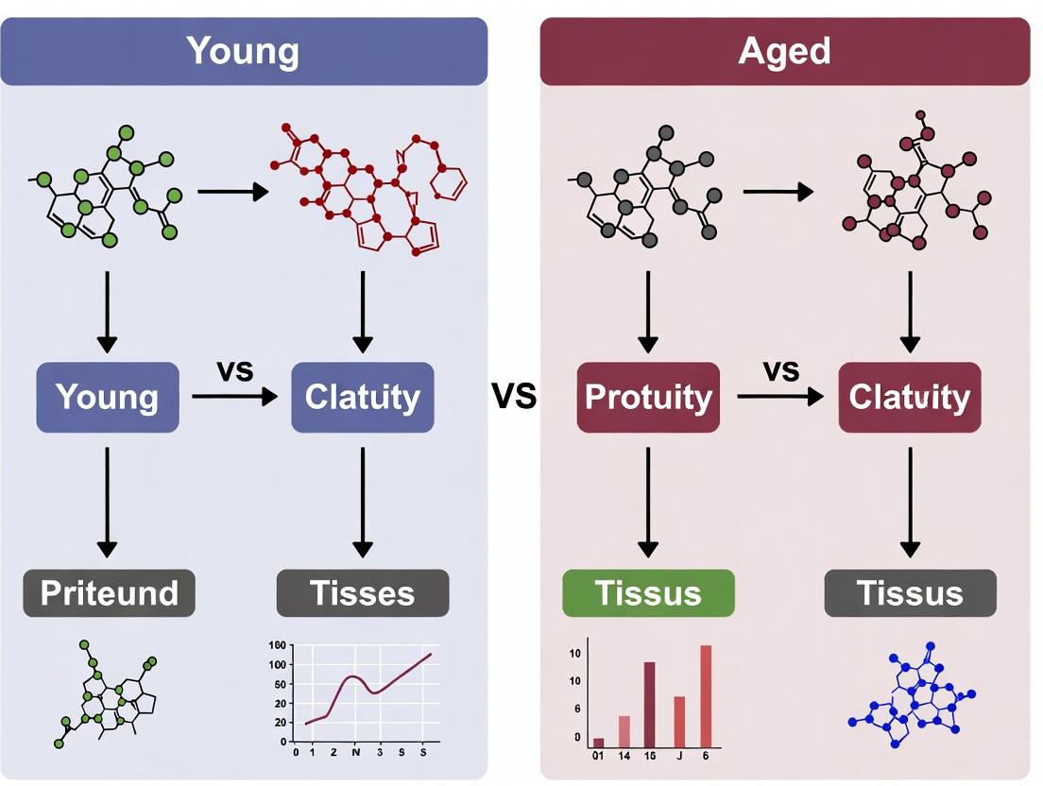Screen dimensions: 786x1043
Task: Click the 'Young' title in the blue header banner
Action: tap(243, 51)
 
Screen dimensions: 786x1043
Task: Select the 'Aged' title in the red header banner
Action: tap(784, 51)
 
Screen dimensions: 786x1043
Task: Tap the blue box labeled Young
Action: tap(107, 397)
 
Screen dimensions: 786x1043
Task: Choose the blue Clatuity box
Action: tap(363, 397)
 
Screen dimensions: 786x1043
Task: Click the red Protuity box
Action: tap(648, 397)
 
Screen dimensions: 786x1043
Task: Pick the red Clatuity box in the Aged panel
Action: tap(909, 397)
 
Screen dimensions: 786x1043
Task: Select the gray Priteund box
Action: tap(109, 593)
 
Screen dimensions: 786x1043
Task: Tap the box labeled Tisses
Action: tap(363, 593)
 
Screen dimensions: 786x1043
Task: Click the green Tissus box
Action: tap(648, 593)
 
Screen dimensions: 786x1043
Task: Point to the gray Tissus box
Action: tap(910, 593)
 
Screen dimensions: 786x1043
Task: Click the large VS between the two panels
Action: tap(514, 397)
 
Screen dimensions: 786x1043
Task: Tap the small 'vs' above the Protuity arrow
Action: tap(780, 371)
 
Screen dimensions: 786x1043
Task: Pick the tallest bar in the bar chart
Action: tap(706, 694)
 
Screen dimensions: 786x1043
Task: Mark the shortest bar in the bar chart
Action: tap(598, 742)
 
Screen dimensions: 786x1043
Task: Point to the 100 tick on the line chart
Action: tap(277, 665)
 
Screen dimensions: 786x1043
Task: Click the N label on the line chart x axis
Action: tap(356, 754)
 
